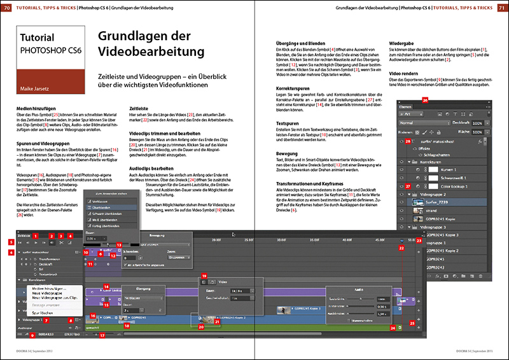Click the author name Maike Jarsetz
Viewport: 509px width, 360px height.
(38, 80)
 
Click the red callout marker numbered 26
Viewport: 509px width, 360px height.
(426, 99)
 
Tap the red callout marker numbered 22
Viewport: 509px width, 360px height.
(401, 247)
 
